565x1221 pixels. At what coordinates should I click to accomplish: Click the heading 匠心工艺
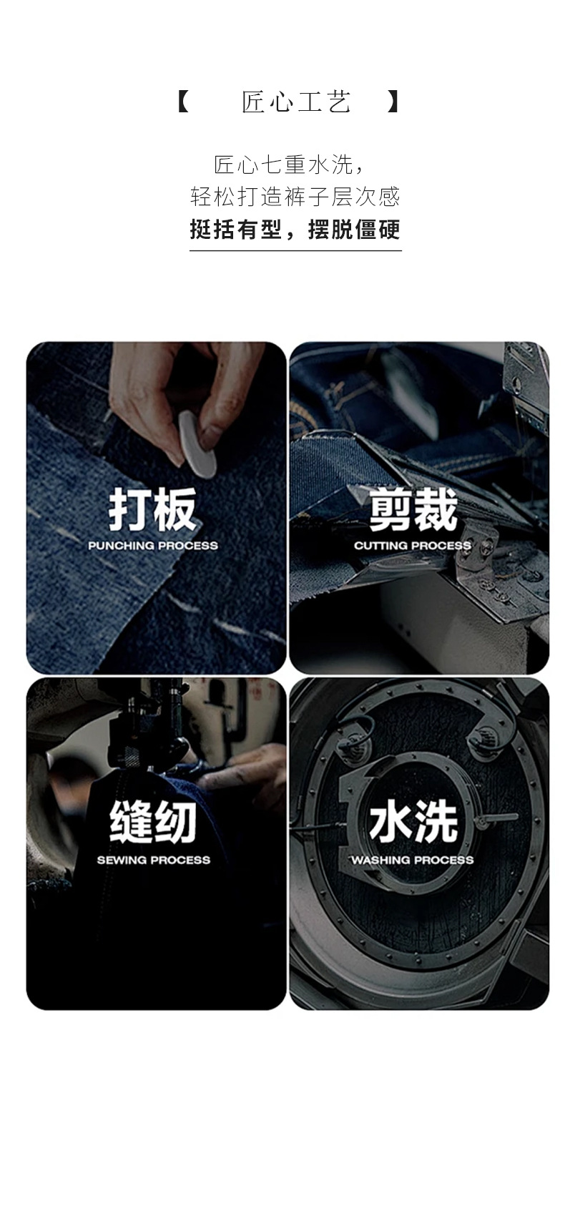tap(295, 102)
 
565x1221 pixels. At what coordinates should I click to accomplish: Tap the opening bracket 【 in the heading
tap(183, 102)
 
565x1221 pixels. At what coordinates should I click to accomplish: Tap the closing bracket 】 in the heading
tap(392, 102)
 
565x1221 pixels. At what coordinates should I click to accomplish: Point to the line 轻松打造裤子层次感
tap(295, 196)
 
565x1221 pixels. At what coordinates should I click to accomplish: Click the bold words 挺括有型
tap(235, 230)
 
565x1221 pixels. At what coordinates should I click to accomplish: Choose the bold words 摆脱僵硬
tap(353, 230)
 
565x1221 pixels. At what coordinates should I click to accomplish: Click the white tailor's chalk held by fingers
tap(196, 442)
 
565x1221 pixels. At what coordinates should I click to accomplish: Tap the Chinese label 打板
tap(152, 510)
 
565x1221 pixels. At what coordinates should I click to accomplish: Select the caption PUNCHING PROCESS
tap(153, 546)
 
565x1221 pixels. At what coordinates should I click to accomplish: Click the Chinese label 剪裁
tap(413, 510)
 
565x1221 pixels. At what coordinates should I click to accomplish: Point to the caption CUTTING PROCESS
tap(413, 546)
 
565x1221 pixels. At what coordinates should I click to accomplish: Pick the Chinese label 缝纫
tap(153, 822)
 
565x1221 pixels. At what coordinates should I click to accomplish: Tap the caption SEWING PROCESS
tap(154, 860)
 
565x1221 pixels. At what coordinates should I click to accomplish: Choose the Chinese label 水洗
tap(413, 822)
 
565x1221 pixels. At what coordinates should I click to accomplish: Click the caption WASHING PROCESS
tap(413, 860)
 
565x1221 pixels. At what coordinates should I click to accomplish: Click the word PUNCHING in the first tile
tap(121, 546)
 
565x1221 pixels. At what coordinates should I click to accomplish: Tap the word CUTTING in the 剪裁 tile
tap(380, 546)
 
